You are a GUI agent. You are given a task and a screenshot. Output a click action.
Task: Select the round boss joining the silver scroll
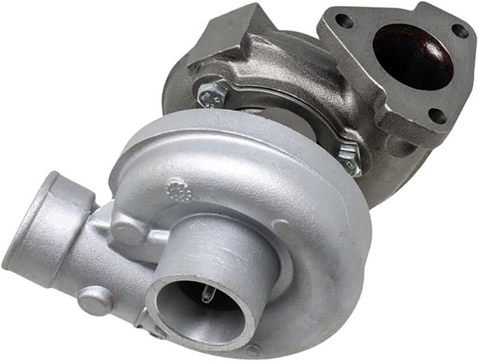point(126,229)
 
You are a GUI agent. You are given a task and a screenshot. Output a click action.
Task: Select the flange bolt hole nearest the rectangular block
point(344,21)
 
